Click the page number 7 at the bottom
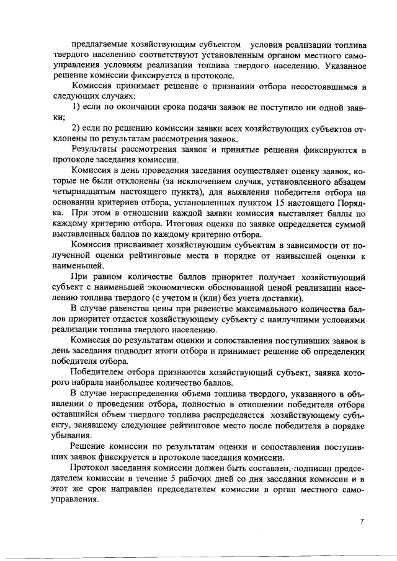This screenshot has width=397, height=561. (362, 521)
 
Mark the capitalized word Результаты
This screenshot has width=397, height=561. (95, 149)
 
